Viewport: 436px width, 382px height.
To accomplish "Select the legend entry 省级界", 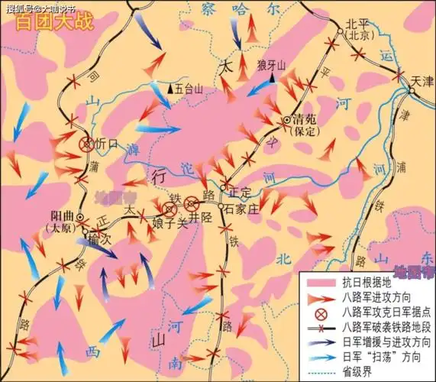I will [359, 374].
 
